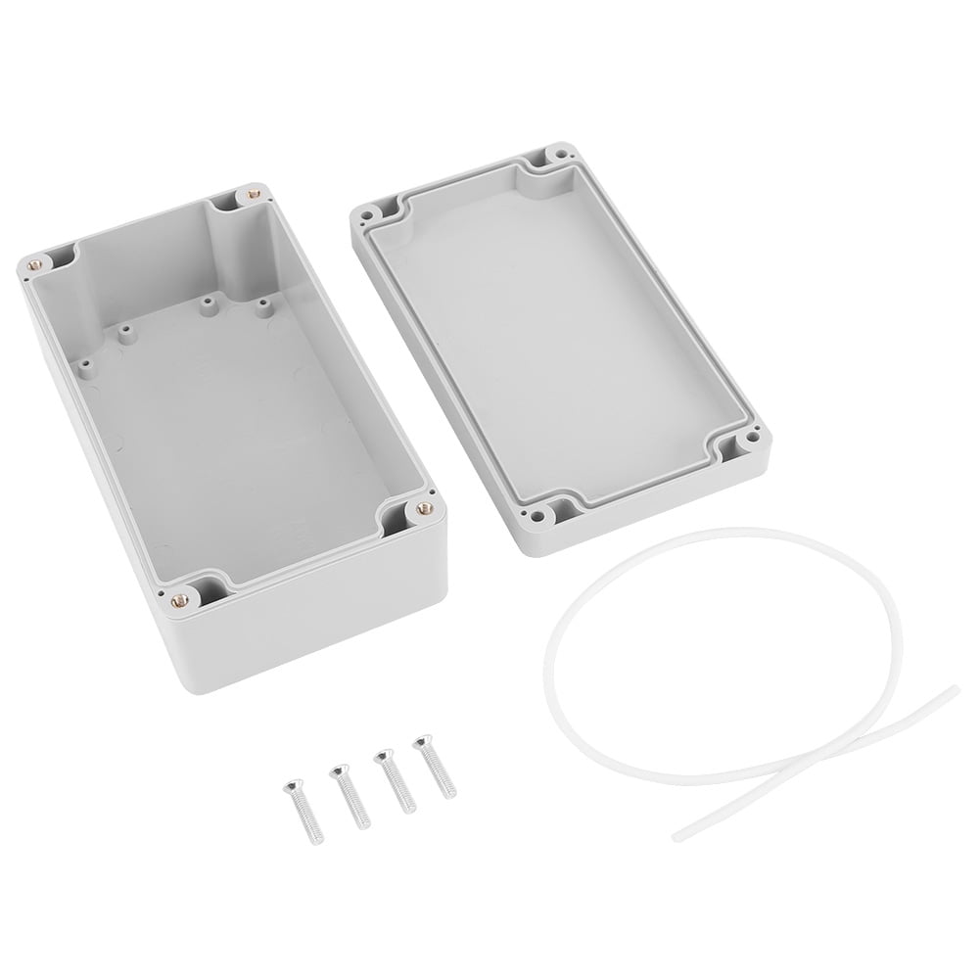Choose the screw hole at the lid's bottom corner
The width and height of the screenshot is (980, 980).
coord(536,513)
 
